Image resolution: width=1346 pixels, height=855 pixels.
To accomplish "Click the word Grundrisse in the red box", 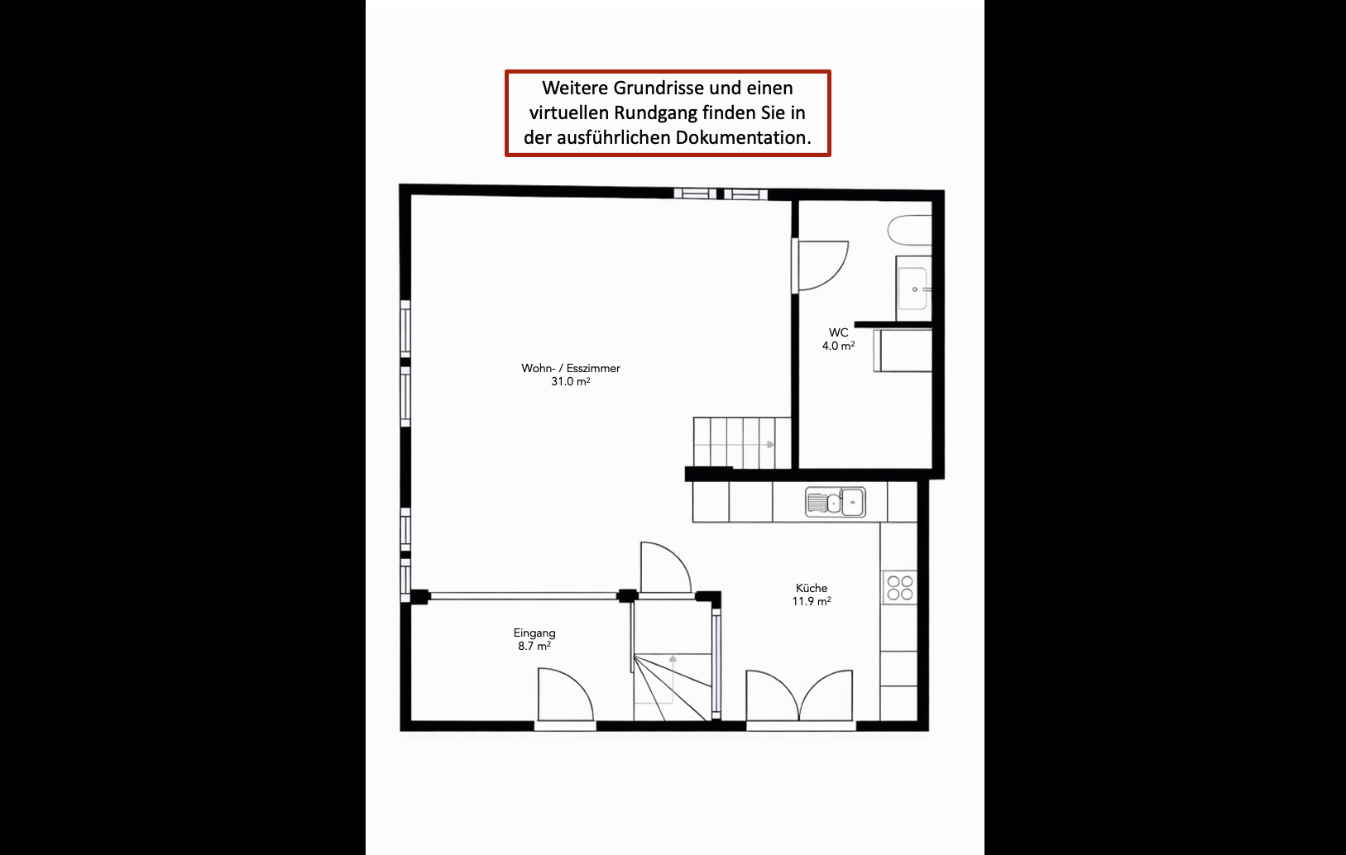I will tap(658, 88).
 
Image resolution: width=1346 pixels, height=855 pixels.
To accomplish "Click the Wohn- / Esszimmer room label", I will tap(570, 368).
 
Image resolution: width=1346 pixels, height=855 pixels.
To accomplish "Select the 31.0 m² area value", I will tap(570, 382).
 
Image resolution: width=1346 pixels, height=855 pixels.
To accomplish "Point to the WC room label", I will tap(838, 332).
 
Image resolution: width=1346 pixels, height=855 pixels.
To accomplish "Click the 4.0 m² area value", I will tap(838, 346).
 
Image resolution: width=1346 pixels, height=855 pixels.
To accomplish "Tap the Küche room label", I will tap(811, 588).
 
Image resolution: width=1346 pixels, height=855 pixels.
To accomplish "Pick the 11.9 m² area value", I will tap(811, 602).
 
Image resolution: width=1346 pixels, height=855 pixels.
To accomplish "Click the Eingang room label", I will tap(534, 633).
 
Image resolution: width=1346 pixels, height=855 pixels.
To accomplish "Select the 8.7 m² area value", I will tap(534, 647).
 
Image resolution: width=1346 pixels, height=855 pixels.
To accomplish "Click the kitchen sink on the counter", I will tap(836, 502).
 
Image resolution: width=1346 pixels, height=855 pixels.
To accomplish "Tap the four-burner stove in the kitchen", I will tap(899, 588).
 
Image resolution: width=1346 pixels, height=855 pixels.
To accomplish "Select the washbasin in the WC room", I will tap(913, 289).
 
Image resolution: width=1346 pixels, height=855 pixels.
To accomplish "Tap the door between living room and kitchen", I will tap(663, 569).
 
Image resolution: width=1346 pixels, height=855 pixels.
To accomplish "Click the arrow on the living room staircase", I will tap(770, 445).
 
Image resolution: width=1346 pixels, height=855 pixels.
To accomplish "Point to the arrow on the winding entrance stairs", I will tap(673, 659).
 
